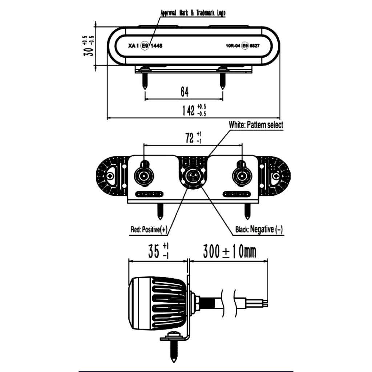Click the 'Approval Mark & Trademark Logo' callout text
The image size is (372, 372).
(x=193, y=13)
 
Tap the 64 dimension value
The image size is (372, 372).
(x=184, y=93)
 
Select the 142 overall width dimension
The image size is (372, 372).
(x=188, y=111)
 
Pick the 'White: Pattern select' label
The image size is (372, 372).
(x=256, y=125)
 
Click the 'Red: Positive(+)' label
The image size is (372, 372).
(x=149, y=230)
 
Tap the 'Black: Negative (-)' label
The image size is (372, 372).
(x=259, y=230)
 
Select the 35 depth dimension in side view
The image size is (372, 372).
(x=154, y=251)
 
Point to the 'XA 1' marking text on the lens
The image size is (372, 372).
(x=134, y=46)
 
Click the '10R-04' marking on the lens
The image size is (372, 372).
(x=233, y=46)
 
